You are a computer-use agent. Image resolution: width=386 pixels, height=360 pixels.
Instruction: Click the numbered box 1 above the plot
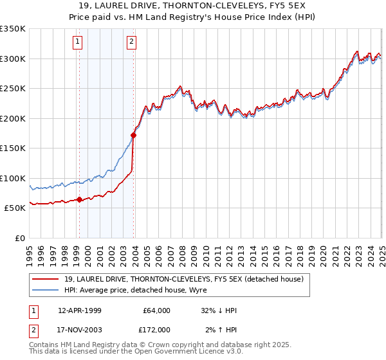click(77, 42)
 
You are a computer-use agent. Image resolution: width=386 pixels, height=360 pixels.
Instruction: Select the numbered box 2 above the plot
click(131, 42)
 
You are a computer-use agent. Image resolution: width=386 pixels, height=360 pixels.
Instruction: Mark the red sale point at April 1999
click(80, 200)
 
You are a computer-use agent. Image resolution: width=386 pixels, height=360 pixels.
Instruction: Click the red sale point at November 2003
click(134, 136)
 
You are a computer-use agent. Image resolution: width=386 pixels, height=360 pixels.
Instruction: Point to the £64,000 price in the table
click(156, 310)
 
